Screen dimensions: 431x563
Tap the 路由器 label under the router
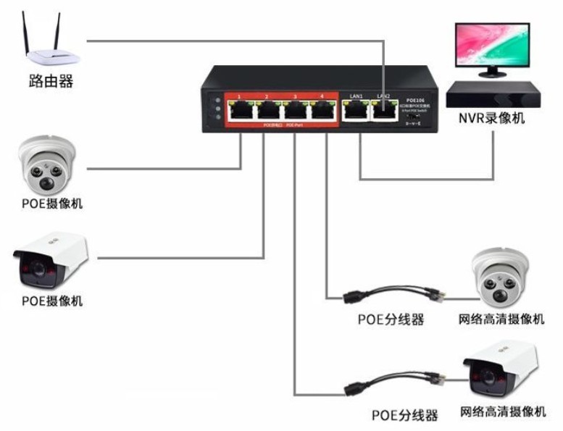tap(51, 81)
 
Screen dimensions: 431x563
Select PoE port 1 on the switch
tap(239, 111)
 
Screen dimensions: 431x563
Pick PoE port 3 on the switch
tap(294, 111)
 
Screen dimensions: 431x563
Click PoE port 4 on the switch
tap(321, 111)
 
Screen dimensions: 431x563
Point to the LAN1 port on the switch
tap(355, 110)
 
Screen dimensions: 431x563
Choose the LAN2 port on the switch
tap(383, 110)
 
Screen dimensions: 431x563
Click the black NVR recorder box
tap(492, 93)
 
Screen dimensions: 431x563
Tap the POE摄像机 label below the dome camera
tap(51, 204)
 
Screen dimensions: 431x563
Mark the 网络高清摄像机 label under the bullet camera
tap(503, 412)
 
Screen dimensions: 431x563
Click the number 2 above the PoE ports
tap(267, 97)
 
